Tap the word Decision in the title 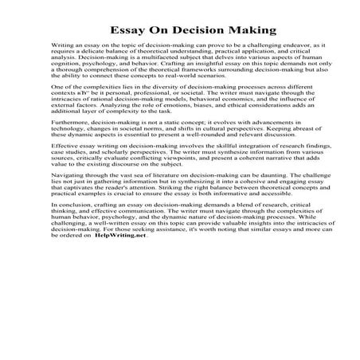(x=186, y=32)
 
